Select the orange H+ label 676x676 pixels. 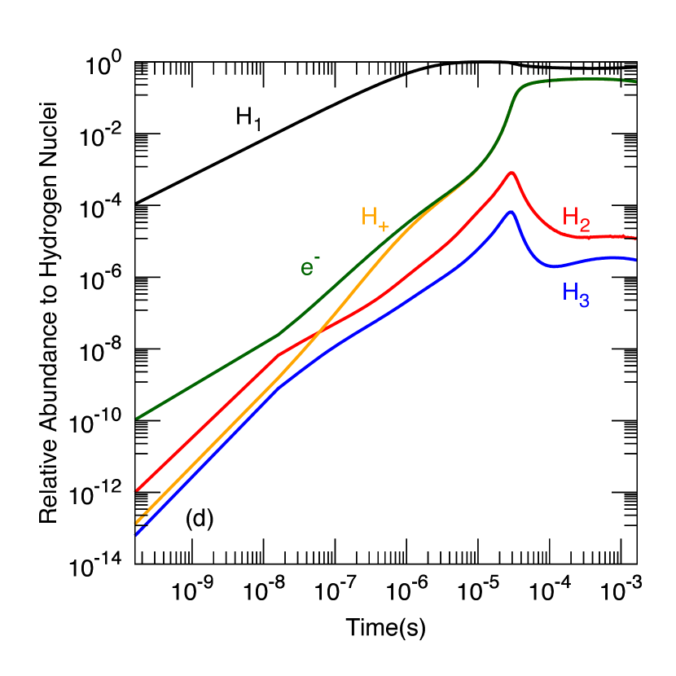pyautogui.click(x=375, y=217)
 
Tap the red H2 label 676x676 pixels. pyautogui.click(x=576, y=219)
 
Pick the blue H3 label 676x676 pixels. pyautogui.click(x=575, y=294)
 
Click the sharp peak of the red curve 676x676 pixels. pyautogui.click(x=511, y=172)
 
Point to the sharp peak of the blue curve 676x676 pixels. pyautogui.click(x=511, y=211)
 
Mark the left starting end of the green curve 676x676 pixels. pyautogui.click(x=136, y=419)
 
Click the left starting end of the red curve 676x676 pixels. pyautogui.click(x=136, y=490)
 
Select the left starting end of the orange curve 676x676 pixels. pyautogui.click(x=136, y=522)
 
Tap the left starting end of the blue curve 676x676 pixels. pyautogui.click(x=136, y=534)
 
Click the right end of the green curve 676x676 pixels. pyautogui.click(x=634, y=81)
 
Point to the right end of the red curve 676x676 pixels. pyautogui.click(x=634, y=237)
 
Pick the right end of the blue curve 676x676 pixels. pyautogui.click(x=634, y=259)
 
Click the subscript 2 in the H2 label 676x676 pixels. pyautogui.click(x=583, y=226)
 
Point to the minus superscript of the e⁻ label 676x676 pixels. pyautogui.click(x=317, y=257)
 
